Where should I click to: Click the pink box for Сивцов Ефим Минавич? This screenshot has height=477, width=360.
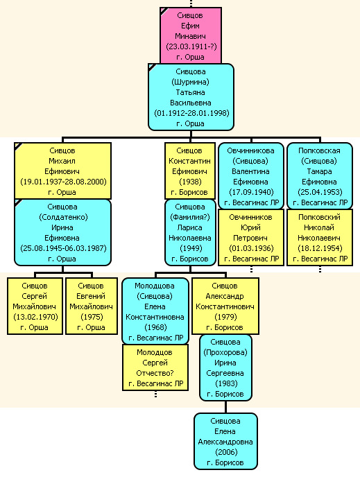[x=191, y=35]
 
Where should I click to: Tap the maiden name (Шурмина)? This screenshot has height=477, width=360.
[x=191, y=82]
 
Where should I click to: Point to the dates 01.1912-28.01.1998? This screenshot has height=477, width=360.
[x=191, y=113]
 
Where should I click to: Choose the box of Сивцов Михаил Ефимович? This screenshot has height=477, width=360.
[x=62, y=171]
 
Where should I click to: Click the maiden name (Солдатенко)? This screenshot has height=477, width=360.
[x=63, y=217]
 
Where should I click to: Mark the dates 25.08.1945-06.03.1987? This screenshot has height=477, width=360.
[x=63, y=248]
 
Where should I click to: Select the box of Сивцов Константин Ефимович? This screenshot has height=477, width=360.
[x=190, y=171]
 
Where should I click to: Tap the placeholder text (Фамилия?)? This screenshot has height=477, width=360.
[x=190, y=217]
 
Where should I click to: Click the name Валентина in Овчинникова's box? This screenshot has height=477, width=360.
[x=251, y=171]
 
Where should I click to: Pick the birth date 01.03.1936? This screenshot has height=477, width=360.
[x=251, y=248]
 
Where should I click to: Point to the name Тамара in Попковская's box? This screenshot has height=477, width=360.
[x=319, y=171]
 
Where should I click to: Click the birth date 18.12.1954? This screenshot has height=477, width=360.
[x=320, y=248]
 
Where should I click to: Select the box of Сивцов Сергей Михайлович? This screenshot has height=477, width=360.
[x=35, y=306]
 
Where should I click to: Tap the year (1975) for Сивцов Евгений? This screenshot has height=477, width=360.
[x=92, y=317]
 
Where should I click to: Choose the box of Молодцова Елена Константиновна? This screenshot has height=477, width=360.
[x=155, y=311]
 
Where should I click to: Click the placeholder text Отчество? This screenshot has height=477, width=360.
[x=155, y=373]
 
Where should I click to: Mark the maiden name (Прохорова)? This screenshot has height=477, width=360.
[x=225, y=352]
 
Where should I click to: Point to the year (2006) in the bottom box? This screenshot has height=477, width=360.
[x=226, y=452]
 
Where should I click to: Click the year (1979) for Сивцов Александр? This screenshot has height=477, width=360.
[x=225, y=317]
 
